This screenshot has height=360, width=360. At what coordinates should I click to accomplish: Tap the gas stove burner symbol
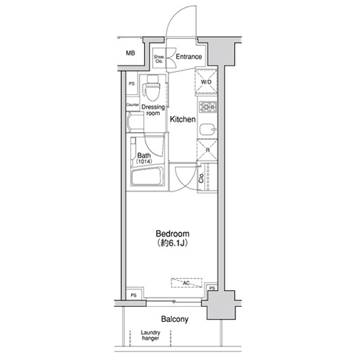208,107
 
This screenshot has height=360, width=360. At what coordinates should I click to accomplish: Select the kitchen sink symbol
208,130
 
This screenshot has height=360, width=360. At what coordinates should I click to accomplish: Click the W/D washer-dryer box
206,81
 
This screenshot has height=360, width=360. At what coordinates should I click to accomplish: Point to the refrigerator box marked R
207,150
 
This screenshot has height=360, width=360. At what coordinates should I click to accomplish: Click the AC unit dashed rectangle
186,283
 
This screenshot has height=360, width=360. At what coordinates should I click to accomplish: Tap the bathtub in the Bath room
148,176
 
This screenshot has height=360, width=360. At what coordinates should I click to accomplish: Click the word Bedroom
172,233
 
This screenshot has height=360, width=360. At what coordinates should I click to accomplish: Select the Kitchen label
183,120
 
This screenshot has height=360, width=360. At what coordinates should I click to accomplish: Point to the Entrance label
189,57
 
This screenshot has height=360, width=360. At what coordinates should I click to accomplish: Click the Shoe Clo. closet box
159,59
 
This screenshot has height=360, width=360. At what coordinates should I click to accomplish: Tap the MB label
130,53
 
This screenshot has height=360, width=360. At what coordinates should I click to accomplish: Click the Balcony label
175,319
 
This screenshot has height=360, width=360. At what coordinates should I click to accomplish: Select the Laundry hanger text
150,336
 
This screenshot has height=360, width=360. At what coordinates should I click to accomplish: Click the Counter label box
132,104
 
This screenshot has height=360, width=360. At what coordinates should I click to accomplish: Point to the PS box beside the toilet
132,84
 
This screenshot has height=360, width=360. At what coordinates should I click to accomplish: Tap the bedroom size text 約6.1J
172,243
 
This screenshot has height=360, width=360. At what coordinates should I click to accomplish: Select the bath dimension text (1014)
144,161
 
